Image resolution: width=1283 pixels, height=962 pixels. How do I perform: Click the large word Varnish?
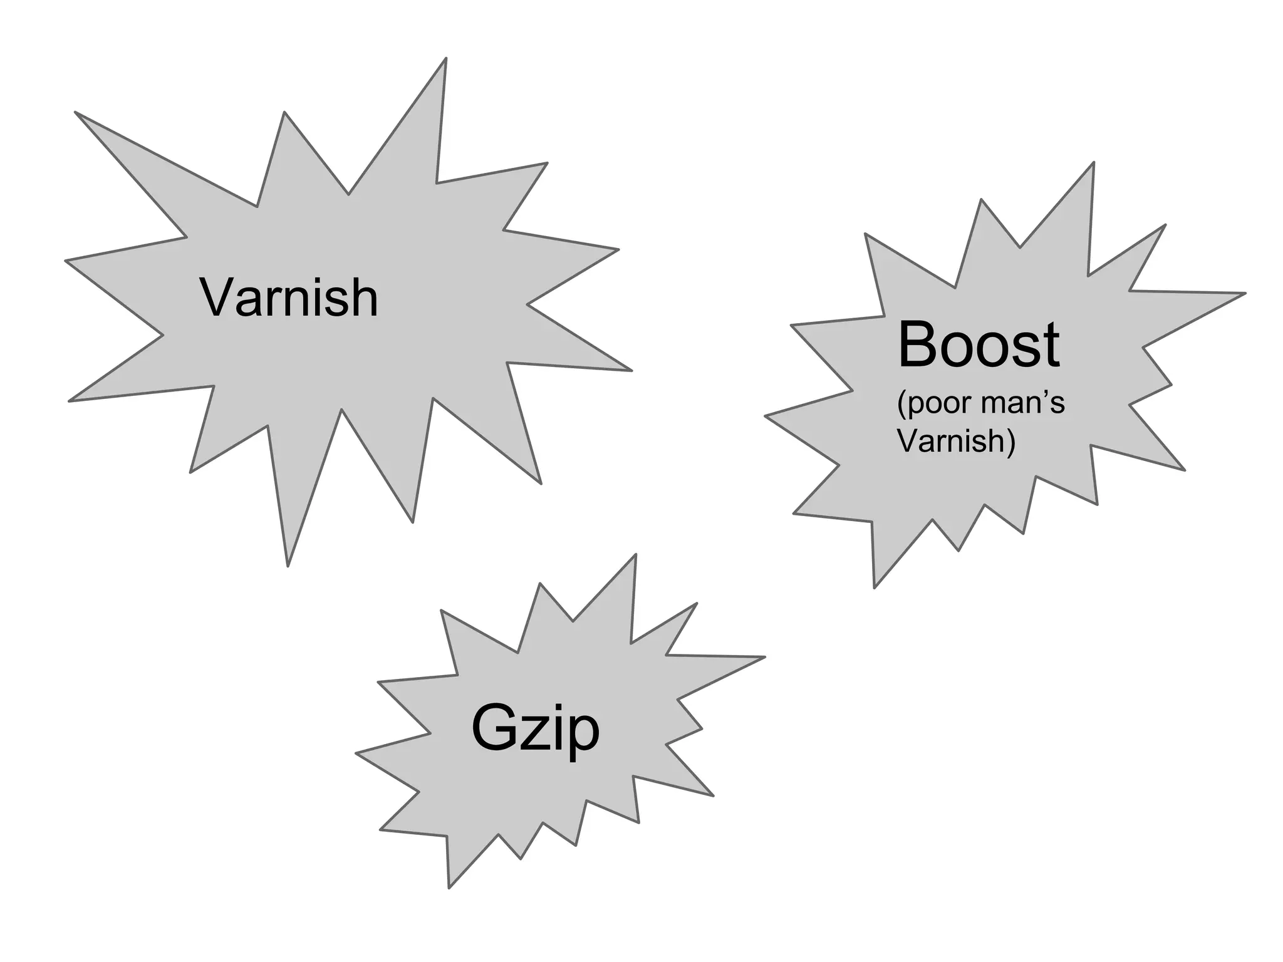tap(289, 298)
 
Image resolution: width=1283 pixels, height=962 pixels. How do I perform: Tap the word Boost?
tap(978, 345)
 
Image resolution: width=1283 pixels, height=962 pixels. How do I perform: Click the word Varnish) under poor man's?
tap(956, 441)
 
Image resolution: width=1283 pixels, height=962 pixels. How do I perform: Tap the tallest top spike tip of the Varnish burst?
tap(445, 59)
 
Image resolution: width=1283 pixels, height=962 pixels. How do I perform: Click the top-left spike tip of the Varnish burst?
tap(76, 113)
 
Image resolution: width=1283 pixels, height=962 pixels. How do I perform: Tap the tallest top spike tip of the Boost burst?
tap(1093, 164)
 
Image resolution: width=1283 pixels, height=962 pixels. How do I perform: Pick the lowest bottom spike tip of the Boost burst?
tap(875, 586)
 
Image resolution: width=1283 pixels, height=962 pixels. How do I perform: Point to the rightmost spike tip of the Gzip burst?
tap(764, 657)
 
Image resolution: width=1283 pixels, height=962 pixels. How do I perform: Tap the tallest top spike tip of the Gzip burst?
tap(635, 556)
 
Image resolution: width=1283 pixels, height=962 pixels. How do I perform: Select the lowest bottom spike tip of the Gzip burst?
tap(449, 887)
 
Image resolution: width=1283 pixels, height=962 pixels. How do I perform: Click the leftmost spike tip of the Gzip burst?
tap(357, 753)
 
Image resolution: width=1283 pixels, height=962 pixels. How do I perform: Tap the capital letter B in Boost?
tap(918, 345)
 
